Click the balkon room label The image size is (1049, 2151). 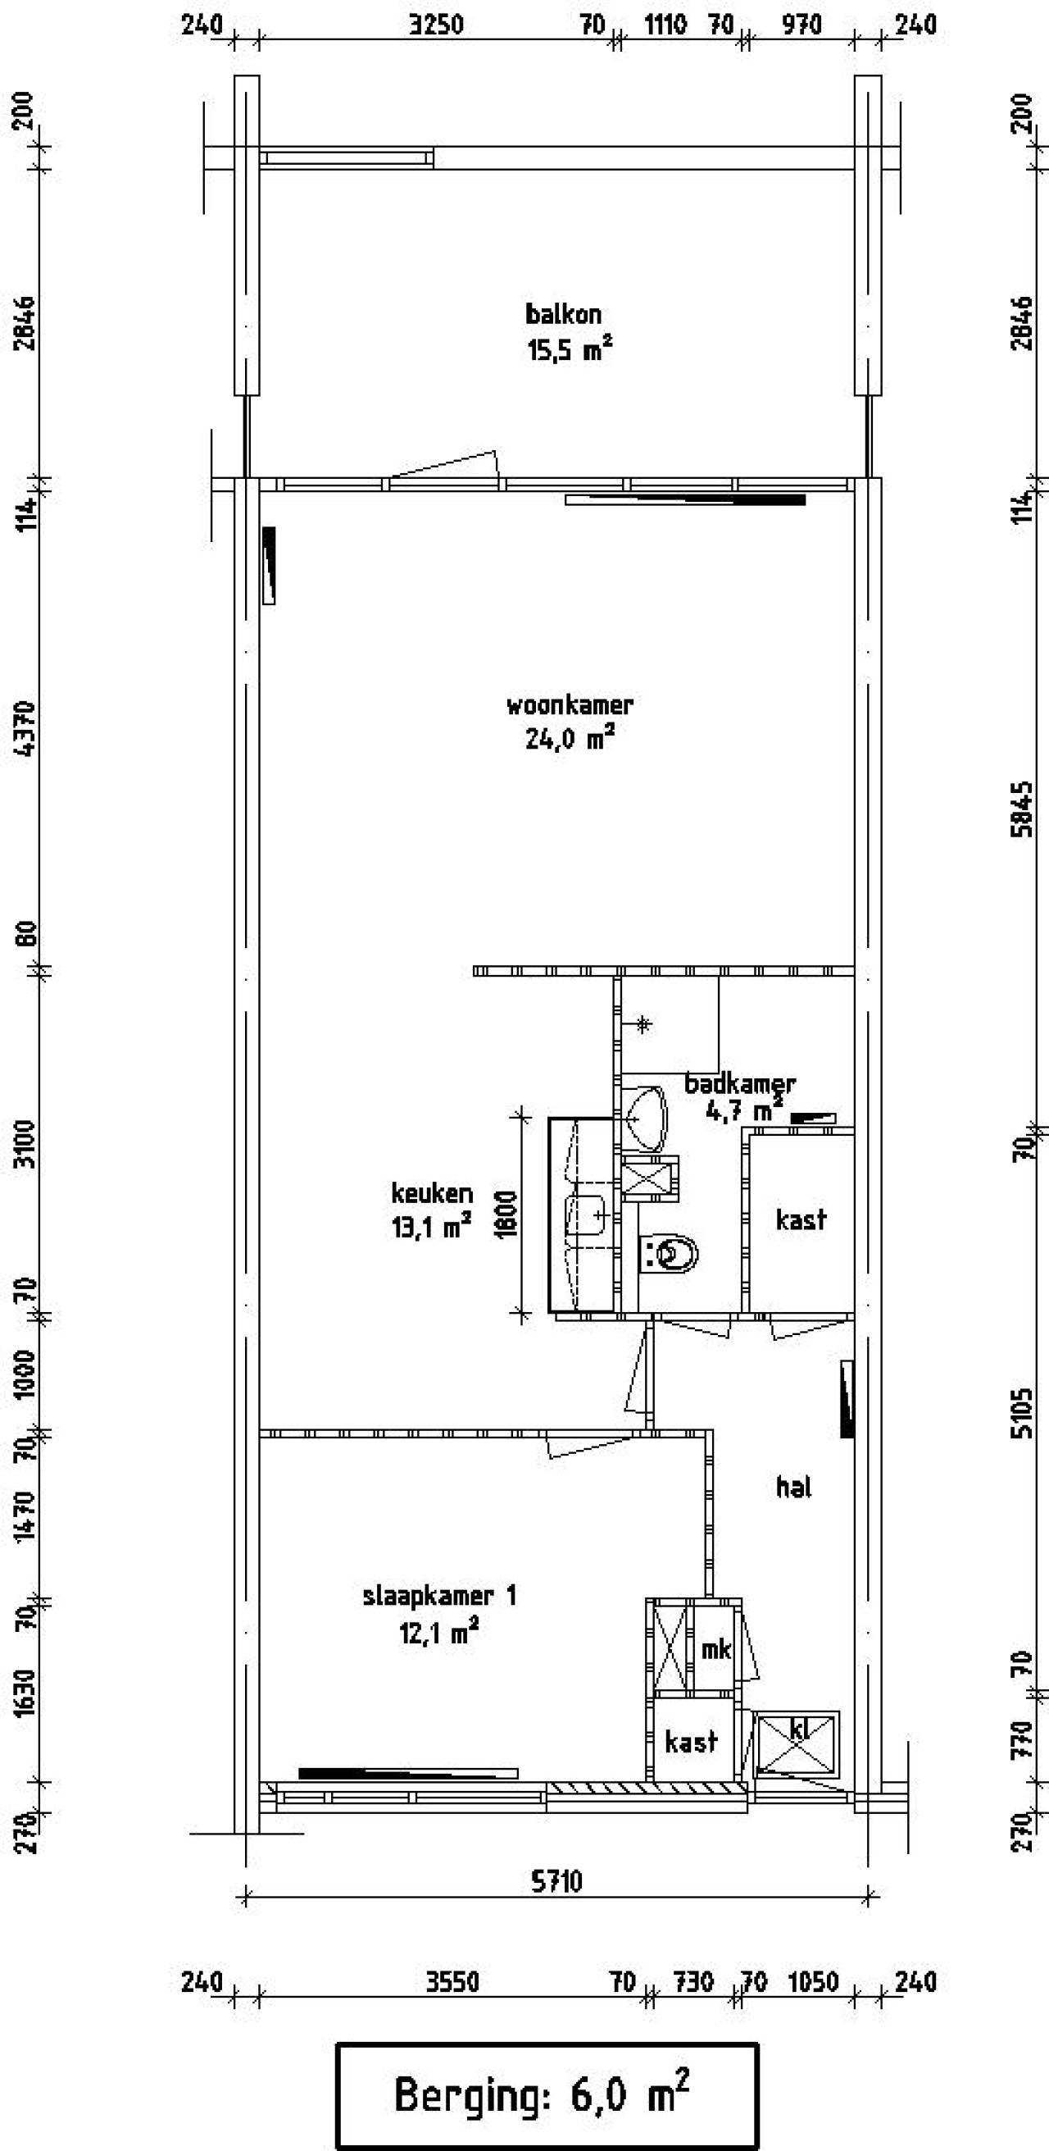coord(563,314)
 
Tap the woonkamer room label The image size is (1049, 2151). coord(570,704)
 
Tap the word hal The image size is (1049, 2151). coord(793,1486)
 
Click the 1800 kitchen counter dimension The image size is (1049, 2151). coord(506,1214)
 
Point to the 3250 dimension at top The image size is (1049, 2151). coord(436,25)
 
